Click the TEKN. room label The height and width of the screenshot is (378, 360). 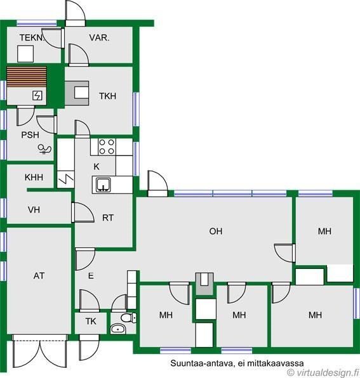click(32, 37)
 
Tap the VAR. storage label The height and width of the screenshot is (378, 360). click(99, 37)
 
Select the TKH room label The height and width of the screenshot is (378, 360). click(107, 96)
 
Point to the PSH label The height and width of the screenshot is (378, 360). click(30, 134)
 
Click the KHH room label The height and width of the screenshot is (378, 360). click(34, 178)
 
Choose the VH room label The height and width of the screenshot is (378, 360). click(34, 210)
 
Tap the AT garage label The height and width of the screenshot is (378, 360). click(39, 275)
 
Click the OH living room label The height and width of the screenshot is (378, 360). click(216, 231)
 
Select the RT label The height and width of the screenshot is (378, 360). click(107, 218)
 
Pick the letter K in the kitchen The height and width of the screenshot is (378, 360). click(97, 166)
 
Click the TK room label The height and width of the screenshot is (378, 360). click(91, 321)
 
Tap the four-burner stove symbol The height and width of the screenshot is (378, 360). click(107, 147)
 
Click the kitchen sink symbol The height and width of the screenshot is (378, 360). click(103, 185)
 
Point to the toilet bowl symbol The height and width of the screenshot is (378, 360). click(128, 318)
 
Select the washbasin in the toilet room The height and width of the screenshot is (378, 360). click(118, 329)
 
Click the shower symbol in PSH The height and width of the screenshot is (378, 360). click(44, 149)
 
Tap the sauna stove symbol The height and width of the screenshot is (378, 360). click(37, 96)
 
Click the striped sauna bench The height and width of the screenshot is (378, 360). click(27, 77)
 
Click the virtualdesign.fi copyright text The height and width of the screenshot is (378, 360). click(324, 373)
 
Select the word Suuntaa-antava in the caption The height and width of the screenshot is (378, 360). click(202, 363)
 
